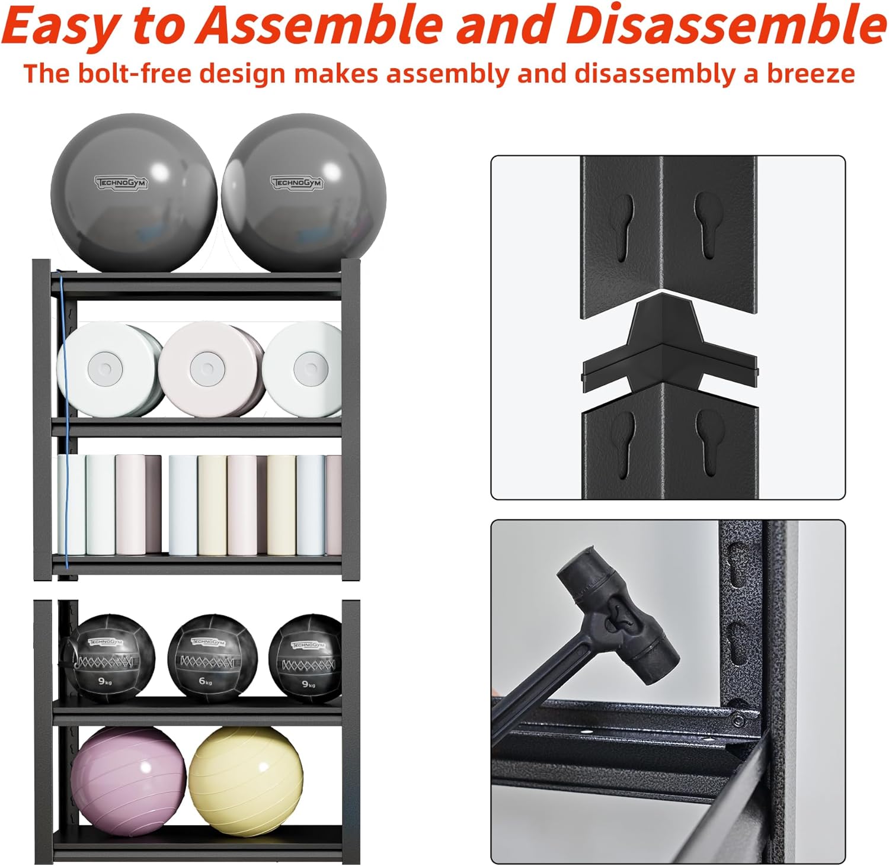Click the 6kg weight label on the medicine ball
[206, 681]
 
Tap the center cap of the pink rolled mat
[206, 369]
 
